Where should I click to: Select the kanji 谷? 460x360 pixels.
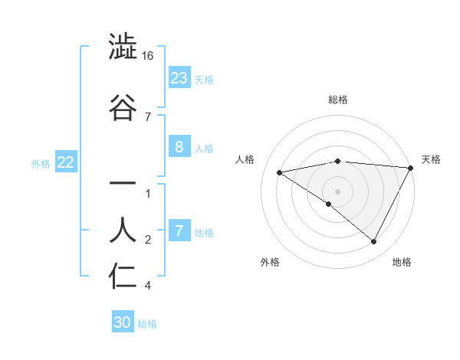123,107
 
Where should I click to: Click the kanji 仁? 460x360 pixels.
123,277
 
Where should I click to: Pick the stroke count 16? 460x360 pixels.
148,57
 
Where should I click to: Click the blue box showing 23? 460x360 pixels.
179,78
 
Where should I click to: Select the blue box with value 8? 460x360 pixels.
179,148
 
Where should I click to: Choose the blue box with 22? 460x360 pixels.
66,162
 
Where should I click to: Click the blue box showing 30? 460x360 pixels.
123,323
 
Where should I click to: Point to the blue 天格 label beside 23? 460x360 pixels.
203,80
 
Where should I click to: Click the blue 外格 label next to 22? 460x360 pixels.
40,163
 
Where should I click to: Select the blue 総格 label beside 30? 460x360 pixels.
147,324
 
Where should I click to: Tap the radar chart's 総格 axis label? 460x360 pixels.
337,100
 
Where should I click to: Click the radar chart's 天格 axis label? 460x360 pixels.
431,159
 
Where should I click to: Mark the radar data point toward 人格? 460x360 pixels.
280,172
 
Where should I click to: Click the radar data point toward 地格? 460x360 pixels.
374,242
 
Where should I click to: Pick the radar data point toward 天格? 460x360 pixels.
411,168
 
